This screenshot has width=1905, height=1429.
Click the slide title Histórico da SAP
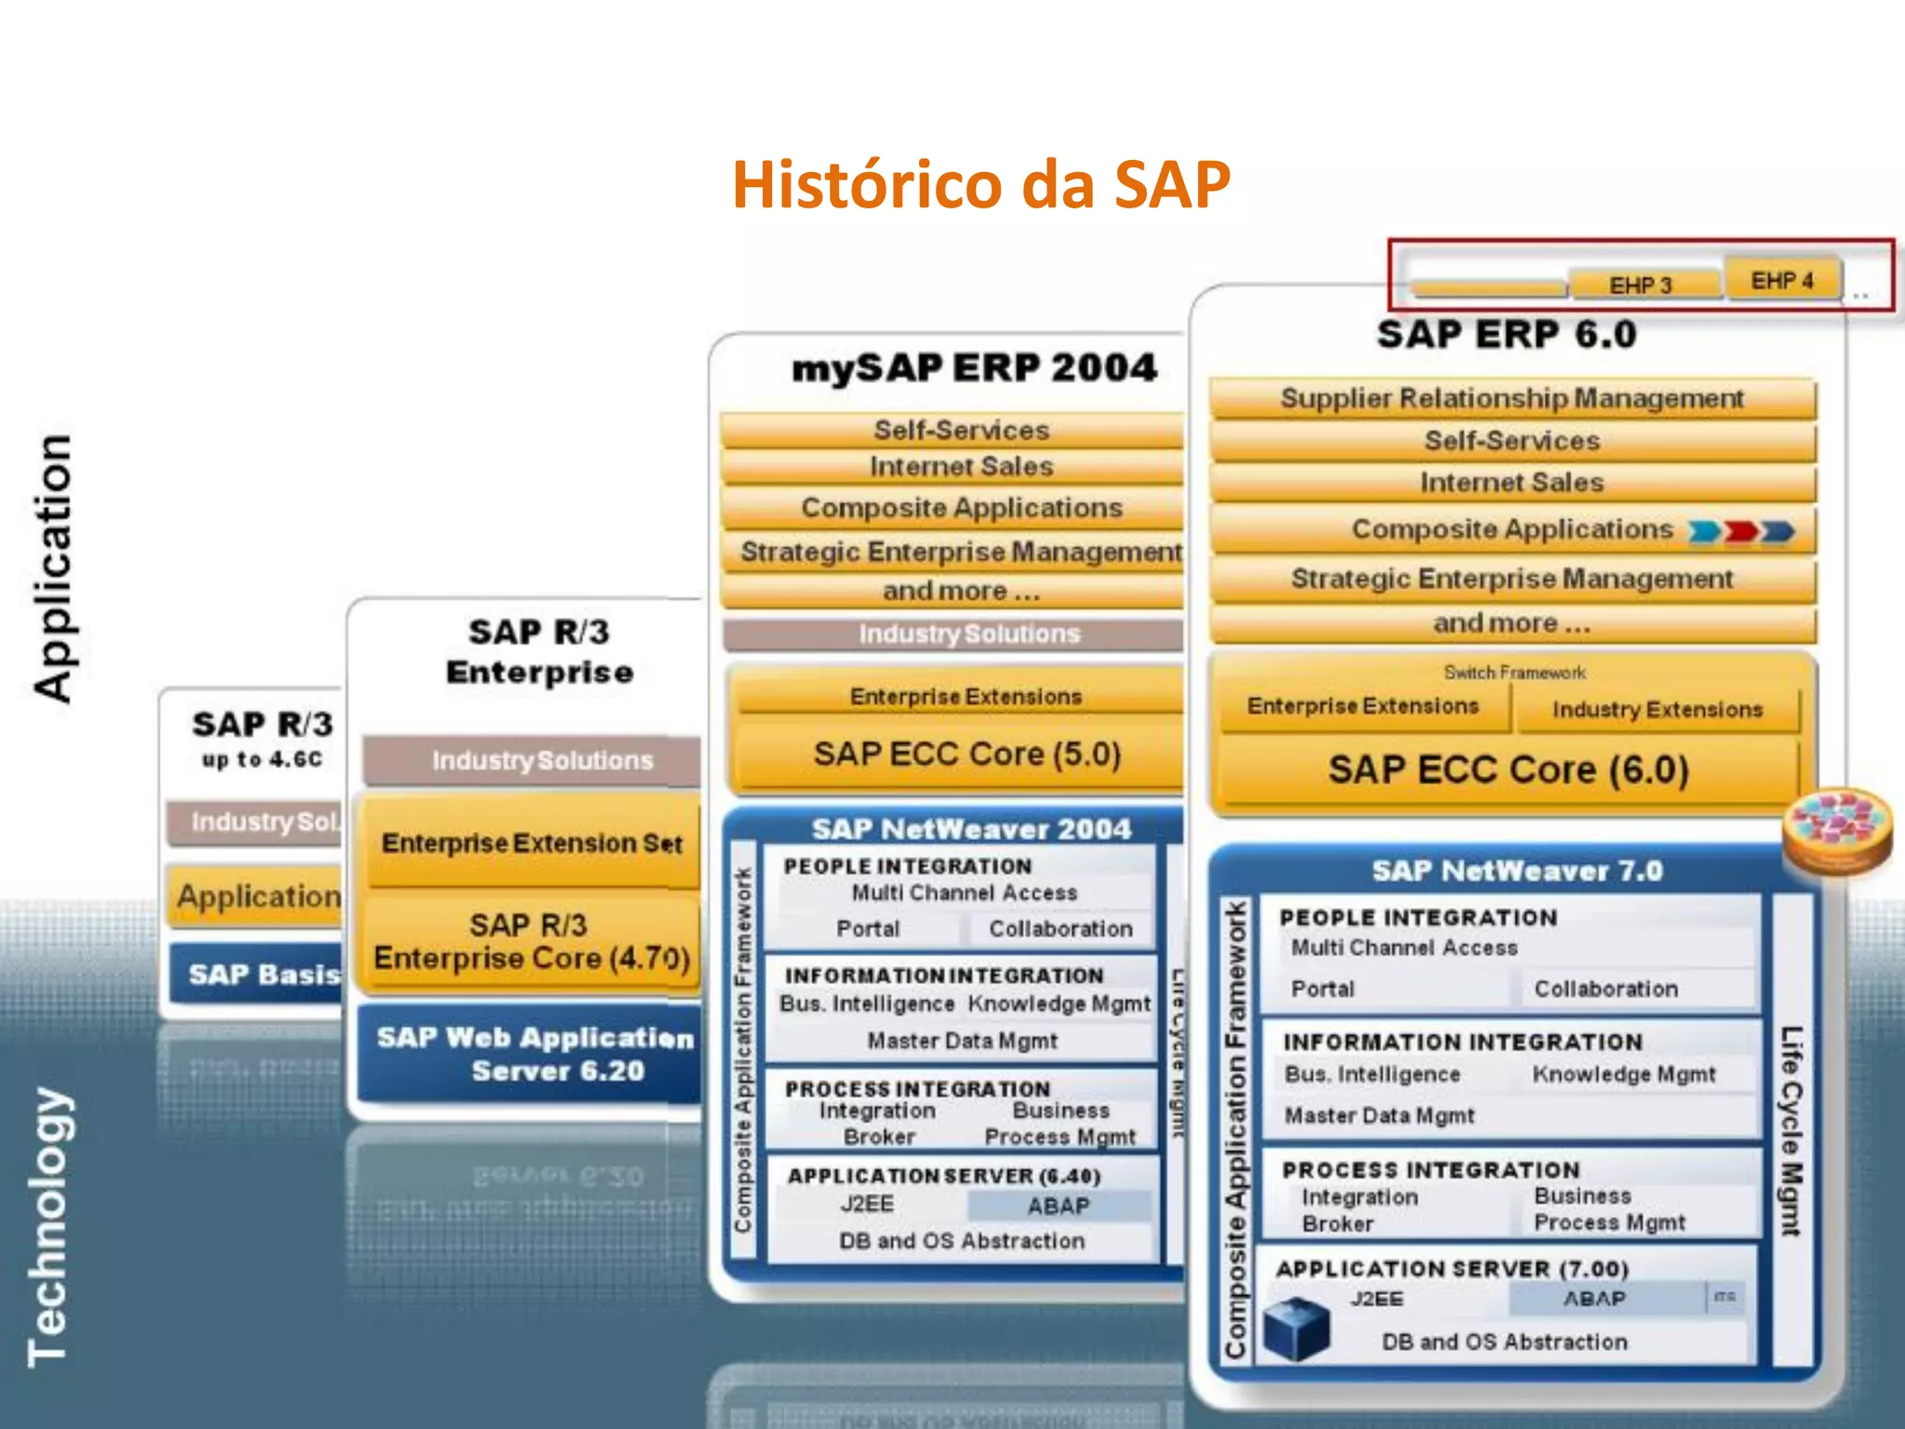(x=980, y=184)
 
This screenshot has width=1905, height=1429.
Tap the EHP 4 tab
(x=1782, y=280)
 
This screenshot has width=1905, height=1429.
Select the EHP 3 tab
(x=1642, y=285)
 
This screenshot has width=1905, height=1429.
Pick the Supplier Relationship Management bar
(x=1512, y=398)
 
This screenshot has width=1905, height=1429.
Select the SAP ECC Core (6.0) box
(x=1508, y=770)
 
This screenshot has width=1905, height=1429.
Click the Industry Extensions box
(x=1658, y=710)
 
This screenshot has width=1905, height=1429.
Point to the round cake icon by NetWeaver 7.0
(x=1836, y=831)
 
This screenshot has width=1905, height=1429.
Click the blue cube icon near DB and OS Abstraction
(x=1297, y=1329)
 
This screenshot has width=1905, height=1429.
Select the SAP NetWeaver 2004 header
(x=971, y=829)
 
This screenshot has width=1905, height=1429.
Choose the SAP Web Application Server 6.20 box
(x=535, y=1054)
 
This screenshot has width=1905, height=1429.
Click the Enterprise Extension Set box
(x=531, y=843)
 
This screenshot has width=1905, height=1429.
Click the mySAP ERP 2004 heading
(x=974, y=368)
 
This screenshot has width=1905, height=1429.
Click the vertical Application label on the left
(x=52, y=568)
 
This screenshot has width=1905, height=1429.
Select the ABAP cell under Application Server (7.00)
(x=1594, y=1299)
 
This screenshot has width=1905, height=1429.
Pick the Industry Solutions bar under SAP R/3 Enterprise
(x=541, y=761)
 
